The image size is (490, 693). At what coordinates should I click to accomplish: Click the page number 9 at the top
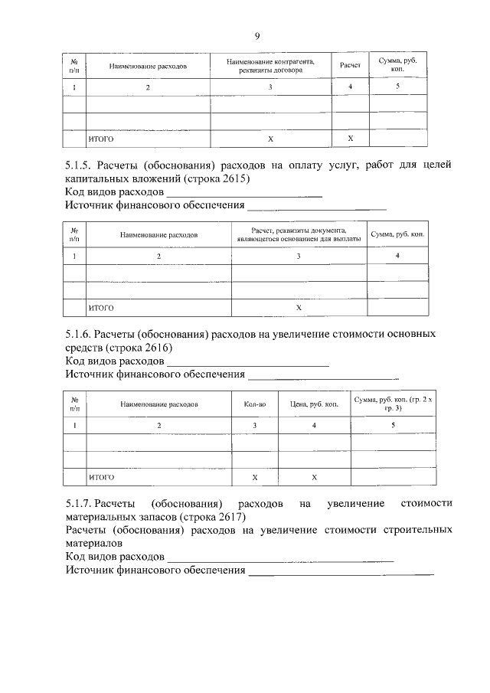tap(257, 36)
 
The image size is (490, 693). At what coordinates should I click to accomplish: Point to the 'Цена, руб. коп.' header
tap(314, 403)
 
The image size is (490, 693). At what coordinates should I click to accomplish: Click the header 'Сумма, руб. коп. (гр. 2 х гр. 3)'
tap(392, 403)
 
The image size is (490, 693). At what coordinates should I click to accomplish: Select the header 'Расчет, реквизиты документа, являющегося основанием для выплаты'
tap(299, 234)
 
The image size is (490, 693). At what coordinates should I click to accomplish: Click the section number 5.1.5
tap(79, 165)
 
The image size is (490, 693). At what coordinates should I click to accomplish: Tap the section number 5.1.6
tap(79, 335)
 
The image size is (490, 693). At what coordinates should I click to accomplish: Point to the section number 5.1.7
tap(79, 503)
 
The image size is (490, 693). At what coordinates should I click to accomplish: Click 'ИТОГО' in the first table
tap(101, 139)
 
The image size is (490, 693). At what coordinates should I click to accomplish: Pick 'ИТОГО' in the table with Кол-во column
tap(101, 477)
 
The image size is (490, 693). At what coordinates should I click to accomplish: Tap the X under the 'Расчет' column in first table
tap(350, 139)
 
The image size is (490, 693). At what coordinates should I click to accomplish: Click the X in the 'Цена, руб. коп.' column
tap(314, 477)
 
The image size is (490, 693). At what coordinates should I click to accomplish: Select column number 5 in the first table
tap(397, 87)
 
